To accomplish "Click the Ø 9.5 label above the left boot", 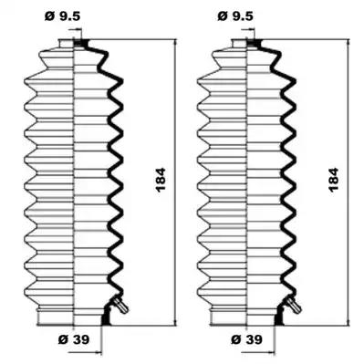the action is coord(62,16).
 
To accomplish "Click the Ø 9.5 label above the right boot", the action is coord(235,16).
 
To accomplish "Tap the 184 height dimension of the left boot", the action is coord(161,179).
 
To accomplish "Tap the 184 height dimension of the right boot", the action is coord(333,179).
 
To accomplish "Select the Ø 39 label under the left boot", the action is coord(74,339).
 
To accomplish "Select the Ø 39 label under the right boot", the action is coord(246,339).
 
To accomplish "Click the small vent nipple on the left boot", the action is coord(120,306).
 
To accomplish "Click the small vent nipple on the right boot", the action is coord(294,306).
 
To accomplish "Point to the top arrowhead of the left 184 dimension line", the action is coord(175,42).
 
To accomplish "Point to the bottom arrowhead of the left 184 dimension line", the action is coord(175,322).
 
